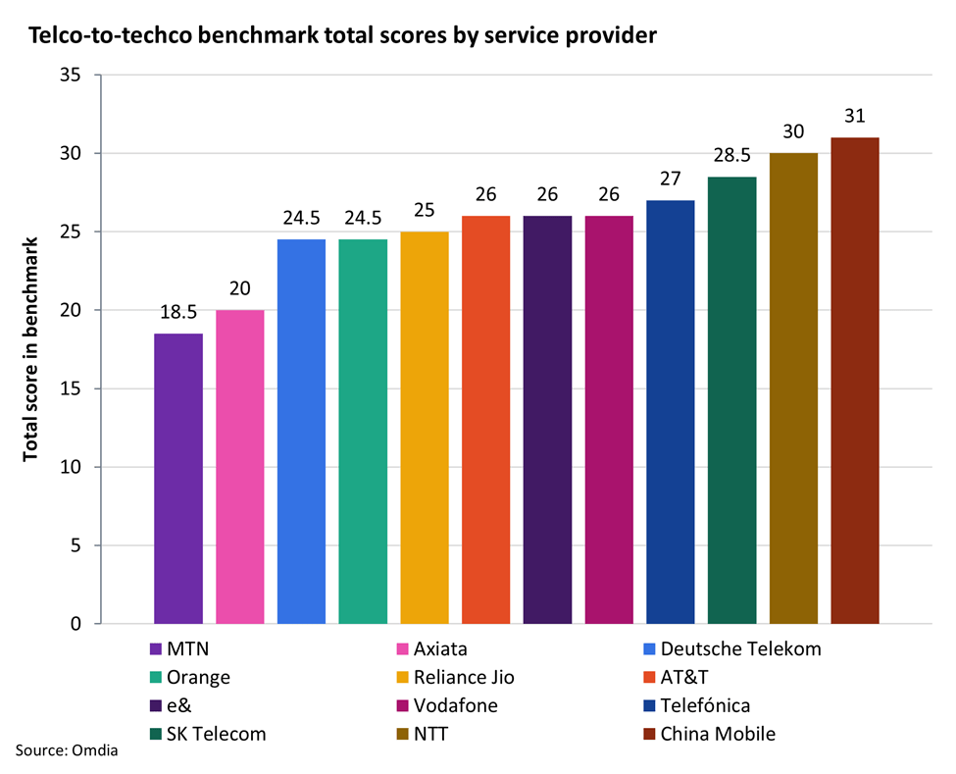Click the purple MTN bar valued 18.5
point(178,479)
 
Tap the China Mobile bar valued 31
point(855,381)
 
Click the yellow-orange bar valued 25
point(425,428)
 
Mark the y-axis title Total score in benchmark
point(30,349)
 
